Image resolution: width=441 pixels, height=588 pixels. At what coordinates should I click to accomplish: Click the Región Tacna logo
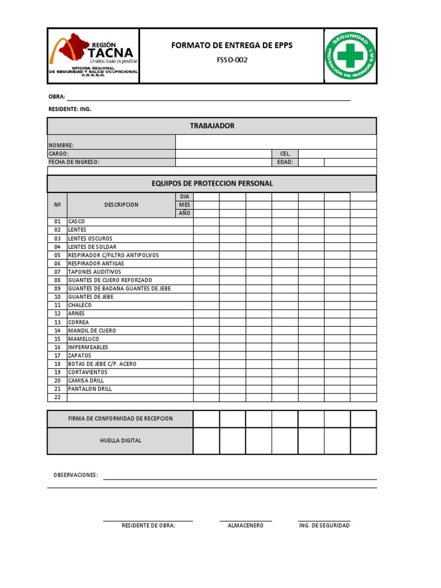pos(94,56)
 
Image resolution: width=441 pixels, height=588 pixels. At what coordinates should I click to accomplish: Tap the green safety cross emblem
pos(350,56)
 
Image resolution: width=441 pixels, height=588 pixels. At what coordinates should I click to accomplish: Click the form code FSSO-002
pos(231,60)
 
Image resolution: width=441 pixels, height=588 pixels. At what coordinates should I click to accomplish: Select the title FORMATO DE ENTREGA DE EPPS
pos(231,45)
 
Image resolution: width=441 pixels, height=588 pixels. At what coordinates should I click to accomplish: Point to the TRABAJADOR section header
pos(212,126)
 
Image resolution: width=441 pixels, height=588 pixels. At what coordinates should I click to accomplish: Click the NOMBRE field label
pos(61,145)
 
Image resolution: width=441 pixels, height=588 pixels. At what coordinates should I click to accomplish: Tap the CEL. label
pos(285,154)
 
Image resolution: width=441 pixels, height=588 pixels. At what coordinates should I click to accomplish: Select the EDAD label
pos(285,162)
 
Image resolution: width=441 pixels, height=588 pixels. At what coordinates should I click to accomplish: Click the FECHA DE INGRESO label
pos(74,162)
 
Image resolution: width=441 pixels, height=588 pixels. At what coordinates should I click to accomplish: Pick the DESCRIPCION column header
pos(121,204)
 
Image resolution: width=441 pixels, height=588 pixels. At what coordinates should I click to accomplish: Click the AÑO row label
pos(184,213)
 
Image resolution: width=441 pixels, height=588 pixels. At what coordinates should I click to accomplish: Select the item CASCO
pos(76,221)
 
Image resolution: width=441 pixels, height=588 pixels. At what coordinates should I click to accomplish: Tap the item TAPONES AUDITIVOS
pos(95,272)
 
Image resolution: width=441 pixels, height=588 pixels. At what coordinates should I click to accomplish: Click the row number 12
pos(57,314)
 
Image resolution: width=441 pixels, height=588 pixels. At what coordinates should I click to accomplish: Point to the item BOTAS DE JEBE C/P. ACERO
pos(102,364)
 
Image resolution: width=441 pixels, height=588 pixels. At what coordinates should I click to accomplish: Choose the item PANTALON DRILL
pos(90,389)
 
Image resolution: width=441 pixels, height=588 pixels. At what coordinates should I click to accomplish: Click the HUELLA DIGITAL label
pos(120,440)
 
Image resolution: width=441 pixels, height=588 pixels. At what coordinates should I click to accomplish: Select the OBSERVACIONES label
pos(76,475)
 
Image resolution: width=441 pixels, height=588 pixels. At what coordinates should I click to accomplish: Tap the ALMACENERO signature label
pos(245,525)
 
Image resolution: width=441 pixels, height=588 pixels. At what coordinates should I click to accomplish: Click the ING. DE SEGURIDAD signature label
pos(324,525)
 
